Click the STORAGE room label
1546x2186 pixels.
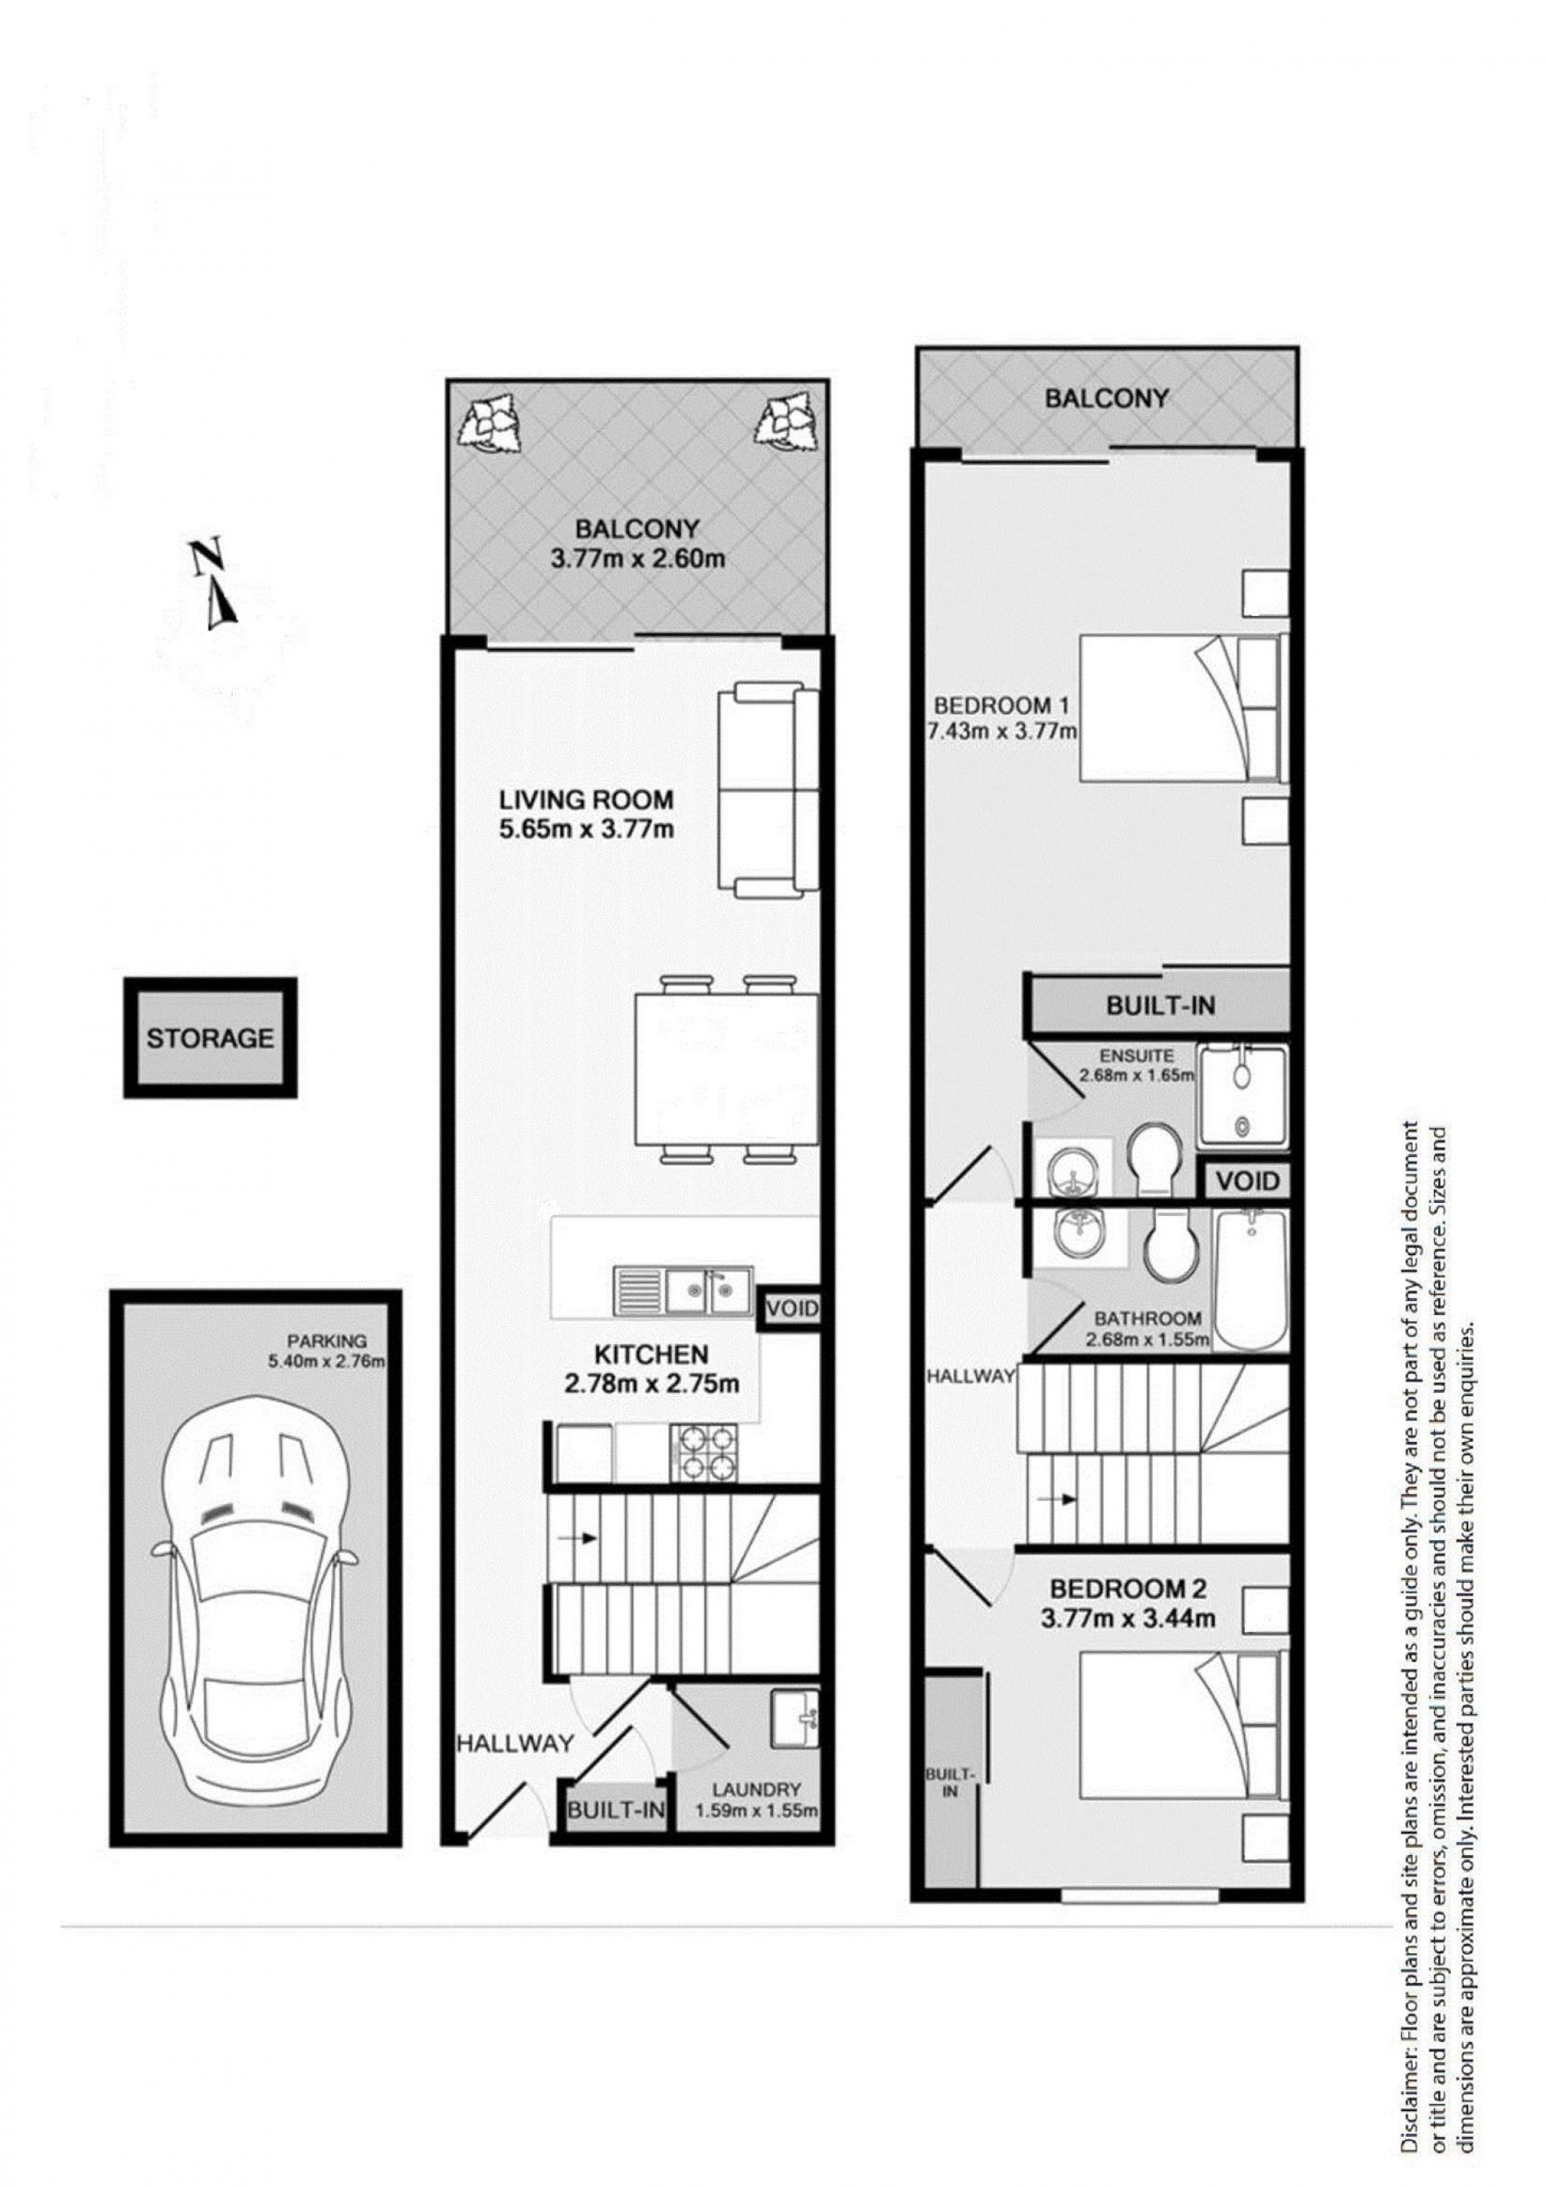tap(209, 1038)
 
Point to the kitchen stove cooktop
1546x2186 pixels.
tap(705, 1453)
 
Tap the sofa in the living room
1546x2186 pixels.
tap(767, 794)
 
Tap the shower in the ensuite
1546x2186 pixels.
tap(1242, 1096)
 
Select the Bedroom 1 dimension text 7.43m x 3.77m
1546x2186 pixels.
tap(1001, 731)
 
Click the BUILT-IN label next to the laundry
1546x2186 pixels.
tap(617, 1809)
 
